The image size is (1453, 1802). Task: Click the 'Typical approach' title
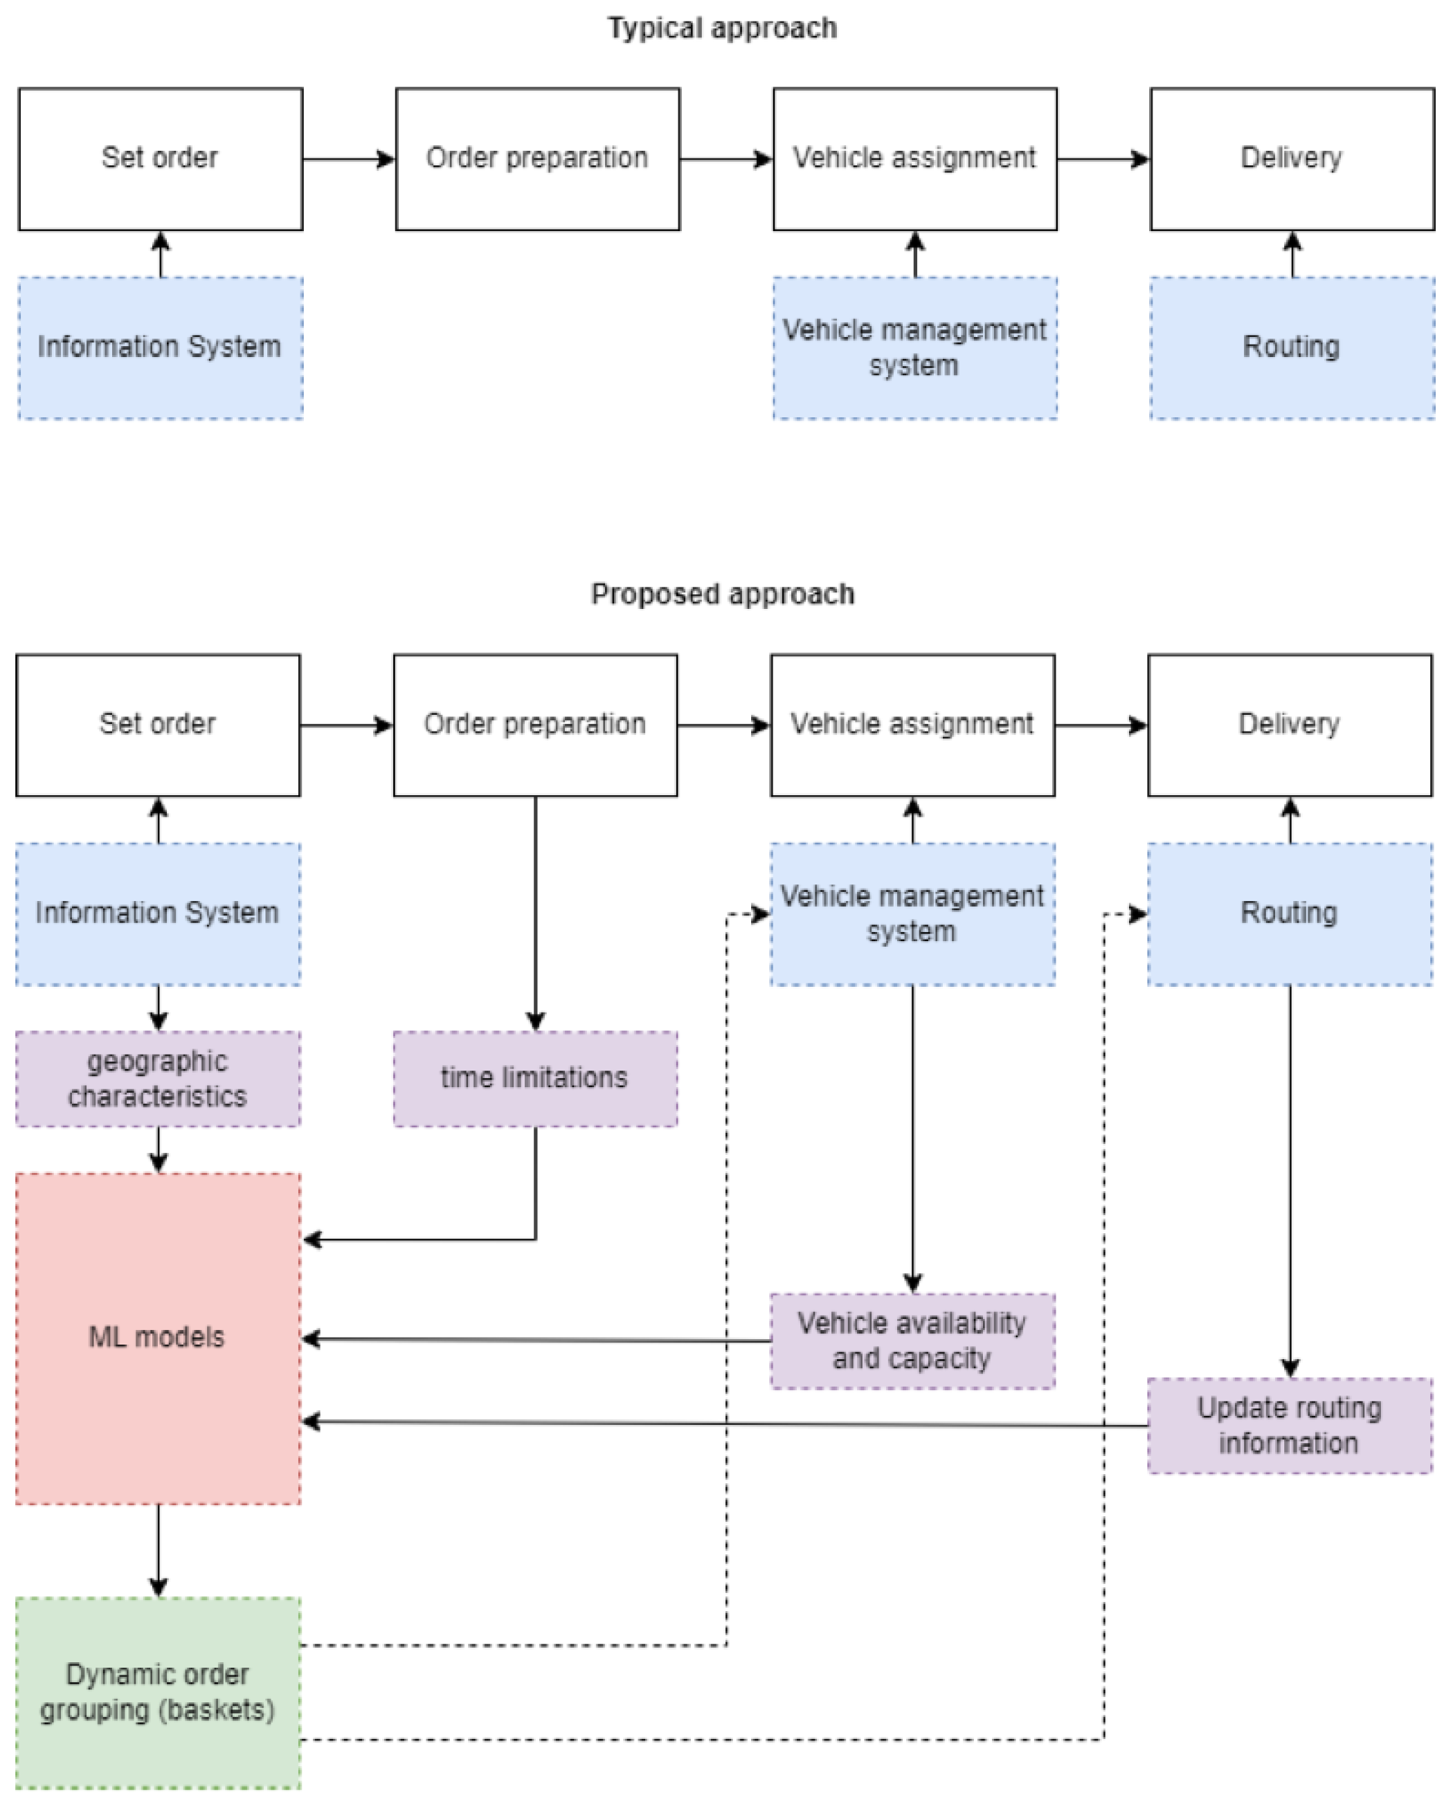tap(721, 28)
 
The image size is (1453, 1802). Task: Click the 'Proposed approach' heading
tap(721, 594)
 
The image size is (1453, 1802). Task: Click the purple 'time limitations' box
tap(535, 1078)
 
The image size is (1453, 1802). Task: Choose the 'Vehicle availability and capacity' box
tap(912, 1340)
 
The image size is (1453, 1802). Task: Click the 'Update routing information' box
tap(1289, 1426)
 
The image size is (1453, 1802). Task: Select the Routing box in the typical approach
tap(1292, 347)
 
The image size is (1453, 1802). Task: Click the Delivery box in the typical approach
tap(1292, 158)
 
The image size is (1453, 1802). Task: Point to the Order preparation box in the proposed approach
tap(535, 725)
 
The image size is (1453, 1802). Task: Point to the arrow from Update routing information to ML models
tap(720, 1423)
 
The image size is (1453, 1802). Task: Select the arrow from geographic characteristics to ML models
tap(159, 1149)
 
